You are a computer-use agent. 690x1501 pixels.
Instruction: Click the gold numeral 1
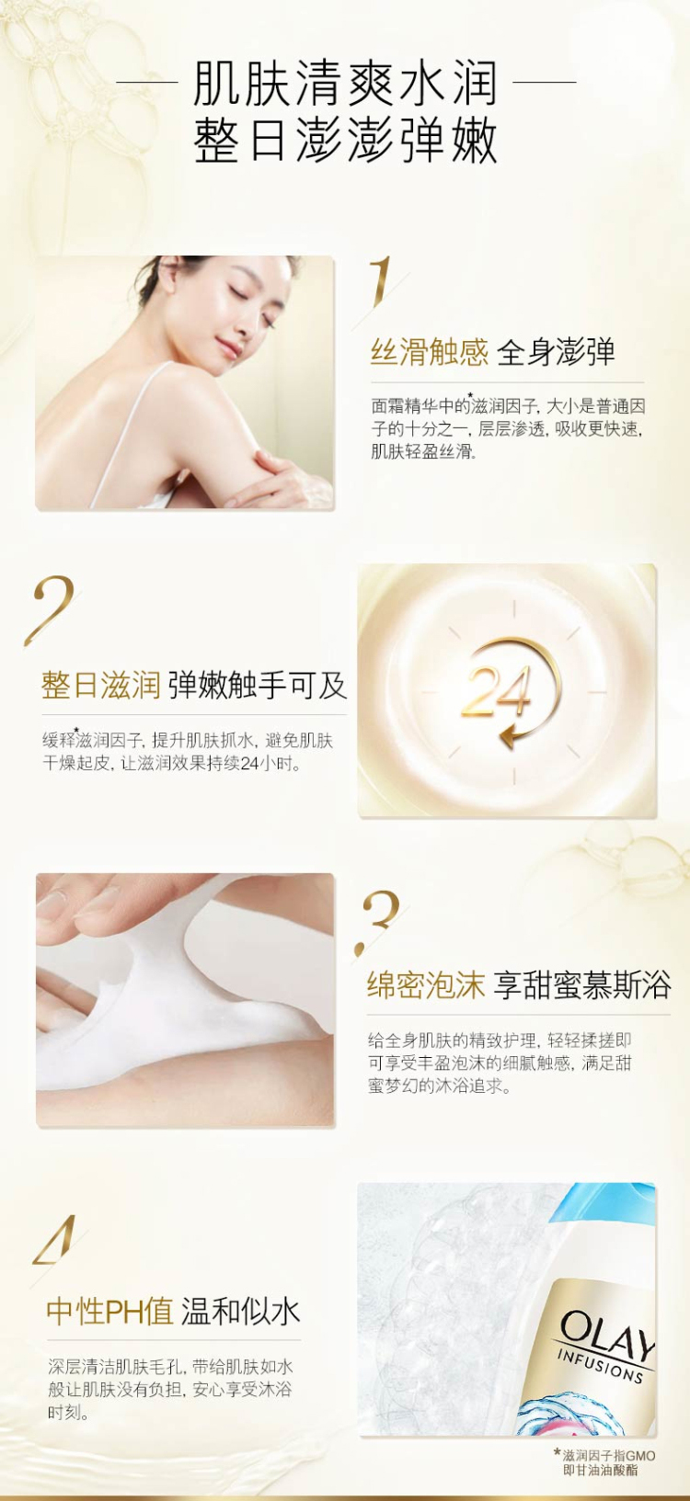click(382, 281)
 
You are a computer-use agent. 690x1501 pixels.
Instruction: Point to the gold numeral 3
click(380, 919)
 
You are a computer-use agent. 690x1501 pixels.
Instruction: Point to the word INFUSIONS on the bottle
click(600, 1365)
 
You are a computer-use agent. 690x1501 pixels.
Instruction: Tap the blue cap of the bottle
click(604, 1207)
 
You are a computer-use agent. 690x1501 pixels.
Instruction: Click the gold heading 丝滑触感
click(429, 352)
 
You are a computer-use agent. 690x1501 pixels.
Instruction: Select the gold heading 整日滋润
click(100, 685)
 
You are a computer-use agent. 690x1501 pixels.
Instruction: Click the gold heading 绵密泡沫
click(425, 985)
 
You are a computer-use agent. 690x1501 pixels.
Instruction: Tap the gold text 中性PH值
click(110, 1311)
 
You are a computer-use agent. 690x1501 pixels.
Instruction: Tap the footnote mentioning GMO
click(604, 1462)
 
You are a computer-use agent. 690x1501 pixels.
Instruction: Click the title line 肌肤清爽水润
click(345, 84)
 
